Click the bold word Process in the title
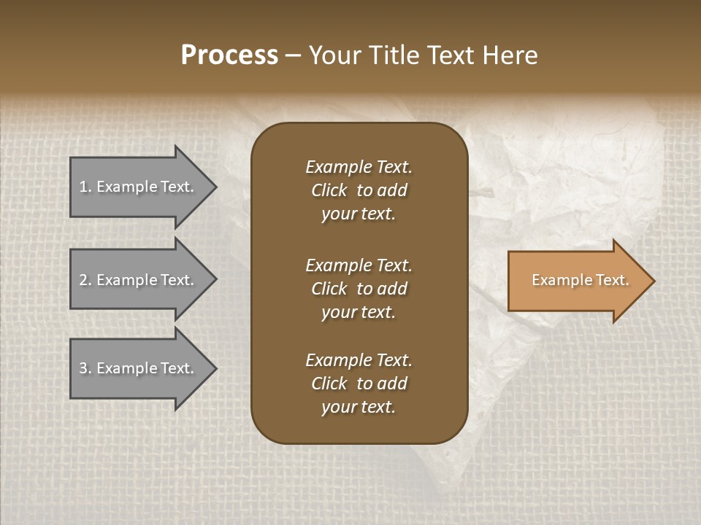point(229,55)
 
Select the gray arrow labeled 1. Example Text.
point(139,187)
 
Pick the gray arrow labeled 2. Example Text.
point(139,280)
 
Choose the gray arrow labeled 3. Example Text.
point(139,369)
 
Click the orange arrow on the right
point(577,281)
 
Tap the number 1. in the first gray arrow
point(85,187)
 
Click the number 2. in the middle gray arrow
point(85,280)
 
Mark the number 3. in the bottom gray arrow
point(85,369)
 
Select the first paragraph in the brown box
point(359,190)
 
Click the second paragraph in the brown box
point(359,289)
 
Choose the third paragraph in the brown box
point(359,384)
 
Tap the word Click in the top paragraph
point(329,190)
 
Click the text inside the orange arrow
point(580,281)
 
